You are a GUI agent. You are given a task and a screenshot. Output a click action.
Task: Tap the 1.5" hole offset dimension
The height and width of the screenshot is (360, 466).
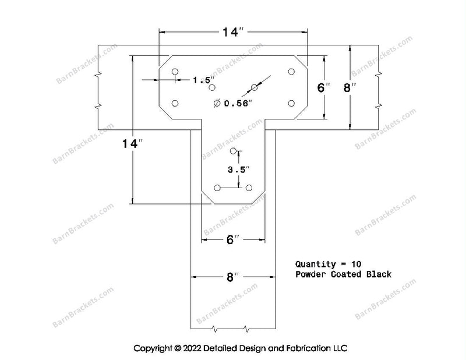[x=204, y=80]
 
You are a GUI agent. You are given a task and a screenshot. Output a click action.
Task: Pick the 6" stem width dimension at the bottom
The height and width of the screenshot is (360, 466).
[x=233, y=239]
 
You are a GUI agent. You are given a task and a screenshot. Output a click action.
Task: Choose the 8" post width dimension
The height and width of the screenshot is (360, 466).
[x=232, y=277]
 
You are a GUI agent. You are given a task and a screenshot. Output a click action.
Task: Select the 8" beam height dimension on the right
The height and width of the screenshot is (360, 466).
[x=349, y=88]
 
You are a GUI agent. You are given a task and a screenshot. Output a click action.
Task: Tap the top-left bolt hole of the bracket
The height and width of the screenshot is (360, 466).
[x=175, y=72]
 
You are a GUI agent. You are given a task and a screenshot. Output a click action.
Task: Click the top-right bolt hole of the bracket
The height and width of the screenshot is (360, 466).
[x=291, y=72]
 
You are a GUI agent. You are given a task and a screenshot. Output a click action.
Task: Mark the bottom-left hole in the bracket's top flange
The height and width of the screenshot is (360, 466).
[x=175, y=103]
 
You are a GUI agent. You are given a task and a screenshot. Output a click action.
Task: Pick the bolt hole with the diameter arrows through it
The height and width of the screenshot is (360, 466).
[x=254, y=87]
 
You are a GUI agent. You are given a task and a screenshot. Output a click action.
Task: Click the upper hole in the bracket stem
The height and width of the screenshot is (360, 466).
[x=234, y=151]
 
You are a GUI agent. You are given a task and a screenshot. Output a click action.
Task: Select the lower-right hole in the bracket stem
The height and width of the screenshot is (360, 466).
[x=249, y=188]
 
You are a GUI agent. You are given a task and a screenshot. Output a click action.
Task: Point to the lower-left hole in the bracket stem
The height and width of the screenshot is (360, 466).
[x=217, y=188]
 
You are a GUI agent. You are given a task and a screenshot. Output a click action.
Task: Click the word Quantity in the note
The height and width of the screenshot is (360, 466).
[x=311, y=264]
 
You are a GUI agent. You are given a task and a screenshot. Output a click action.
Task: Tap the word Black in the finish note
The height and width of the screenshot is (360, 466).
[x=379, y=274]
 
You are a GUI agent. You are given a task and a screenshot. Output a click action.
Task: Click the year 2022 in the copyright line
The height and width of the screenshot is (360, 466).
[x=192, y=348]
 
